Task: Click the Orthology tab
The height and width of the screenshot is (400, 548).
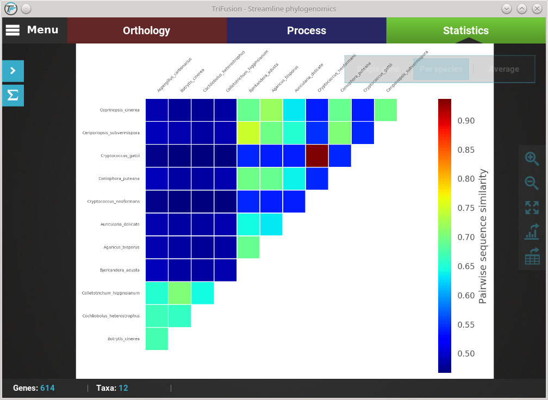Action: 147,31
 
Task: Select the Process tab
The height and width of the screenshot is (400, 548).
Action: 307,31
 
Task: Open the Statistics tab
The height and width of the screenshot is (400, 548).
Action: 466,31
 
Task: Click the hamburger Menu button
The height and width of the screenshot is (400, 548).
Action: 32,30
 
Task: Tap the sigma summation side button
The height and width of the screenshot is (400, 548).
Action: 13,96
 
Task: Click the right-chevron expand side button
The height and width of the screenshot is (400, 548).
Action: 13,71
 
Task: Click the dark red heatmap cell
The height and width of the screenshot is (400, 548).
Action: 317,156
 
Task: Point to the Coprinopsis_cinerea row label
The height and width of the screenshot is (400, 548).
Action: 120,110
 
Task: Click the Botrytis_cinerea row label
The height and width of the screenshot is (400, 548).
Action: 123,339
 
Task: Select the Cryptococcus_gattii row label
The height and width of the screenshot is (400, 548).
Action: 120,156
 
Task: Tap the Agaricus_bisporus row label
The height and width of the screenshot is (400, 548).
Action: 122,247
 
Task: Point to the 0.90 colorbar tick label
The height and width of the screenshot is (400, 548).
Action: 466,121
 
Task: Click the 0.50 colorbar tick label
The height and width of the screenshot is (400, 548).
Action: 466,353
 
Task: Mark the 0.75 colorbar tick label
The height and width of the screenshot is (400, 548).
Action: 466,208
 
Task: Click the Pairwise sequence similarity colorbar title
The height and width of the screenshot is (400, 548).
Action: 483,236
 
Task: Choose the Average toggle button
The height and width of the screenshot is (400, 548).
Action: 503,69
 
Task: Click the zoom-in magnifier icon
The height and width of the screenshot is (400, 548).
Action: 532,158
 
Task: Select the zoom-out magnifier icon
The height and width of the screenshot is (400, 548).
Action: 532,183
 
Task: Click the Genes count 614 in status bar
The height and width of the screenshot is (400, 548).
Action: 47,388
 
